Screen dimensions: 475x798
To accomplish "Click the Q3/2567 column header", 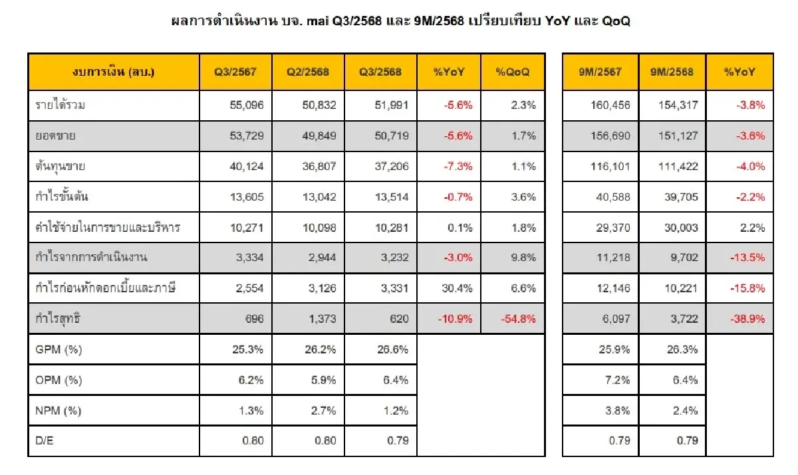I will coord(235,72).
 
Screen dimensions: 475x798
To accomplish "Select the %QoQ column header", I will coord(513,72).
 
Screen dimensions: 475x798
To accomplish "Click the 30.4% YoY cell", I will coord(457,288).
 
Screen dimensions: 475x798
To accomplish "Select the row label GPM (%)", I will coord(58,349).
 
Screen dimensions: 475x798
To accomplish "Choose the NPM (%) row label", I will coord(58,411).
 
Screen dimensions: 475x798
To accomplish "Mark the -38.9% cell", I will coord(747,319).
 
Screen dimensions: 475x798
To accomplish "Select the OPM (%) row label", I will coord(58,380).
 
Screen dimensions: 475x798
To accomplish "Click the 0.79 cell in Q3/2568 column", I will coord(396,441).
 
